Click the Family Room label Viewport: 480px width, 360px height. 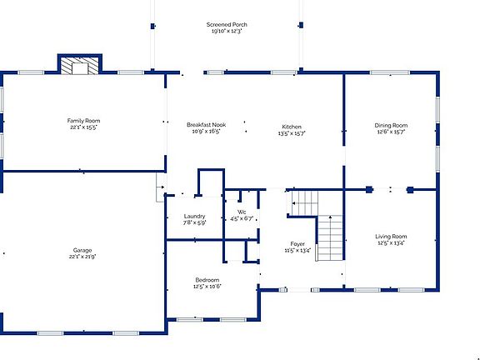(x=82, y=121)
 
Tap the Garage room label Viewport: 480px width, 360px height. (x=82, y=250)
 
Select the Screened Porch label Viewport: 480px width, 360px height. (x=227, y=25)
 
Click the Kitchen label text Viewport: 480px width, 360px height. (x=292, y=127)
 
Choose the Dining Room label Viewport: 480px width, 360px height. (x=391, y=126)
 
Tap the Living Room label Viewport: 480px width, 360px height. (x=391, y=237)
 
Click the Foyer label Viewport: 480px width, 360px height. (x=297, y=243)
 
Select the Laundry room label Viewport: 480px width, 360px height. (x=194, y=217)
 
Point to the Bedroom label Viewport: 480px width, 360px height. (x=207, y=279)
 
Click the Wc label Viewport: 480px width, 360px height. (x=242, y=212)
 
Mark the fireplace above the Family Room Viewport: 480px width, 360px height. (x=80, y=65)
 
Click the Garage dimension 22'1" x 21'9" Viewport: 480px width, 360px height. (x=82, y=257)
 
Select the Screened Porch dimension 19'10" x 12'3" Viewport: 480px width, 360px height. (x=227, y=32)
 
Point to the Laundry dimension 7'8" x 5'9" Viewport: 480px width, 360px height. (x=194, y=222)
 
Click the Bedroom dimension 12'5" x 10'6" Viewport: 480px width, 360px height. (x=207, y=286)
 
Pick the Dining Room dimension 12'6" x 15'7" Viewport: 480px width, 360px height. (x=391, y=132)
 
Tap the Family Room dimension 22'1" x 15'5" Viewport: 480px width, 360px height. (x=82, y=127)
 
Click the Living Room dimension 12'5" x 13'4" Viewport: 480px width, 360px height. (x=391, y=243)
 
